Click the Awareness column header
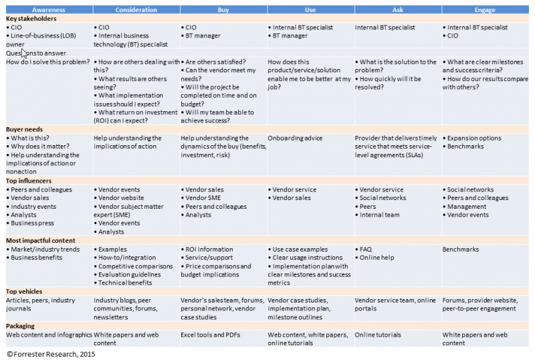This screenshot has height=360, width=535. point(49,10)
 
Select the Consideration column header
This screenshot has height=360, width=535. point(136,10)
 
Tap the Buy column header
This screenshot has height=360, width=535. point(223,10)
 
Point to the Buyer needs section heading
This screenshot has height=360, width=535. point(25,129)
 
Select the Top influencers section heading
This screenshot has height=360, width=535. point(29,181)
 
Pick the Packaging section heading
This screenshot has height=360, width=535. point(22,325)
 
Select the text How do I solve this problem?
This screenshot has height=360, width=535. point(47,62)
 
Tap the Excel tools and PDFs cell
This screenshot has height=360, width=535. point(211,335)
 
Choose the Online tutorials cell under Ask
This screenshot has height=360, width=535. point(379,335)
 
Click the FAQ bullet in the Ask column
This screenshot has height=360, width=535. point(367,250)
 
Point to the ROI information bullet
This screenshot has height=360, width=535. point(209,250)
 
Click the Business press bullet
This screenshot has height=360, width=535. point(31,223)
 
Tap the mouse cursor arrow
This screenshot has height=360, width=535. point(24,54)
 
